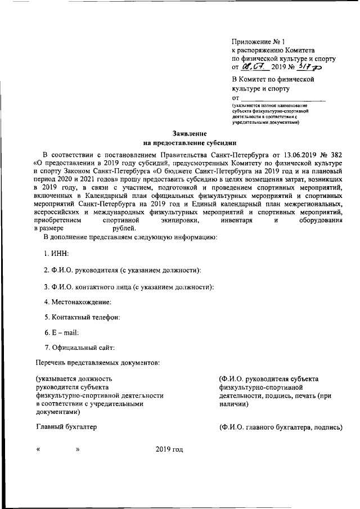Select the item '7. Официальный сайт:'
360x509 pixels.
pyautogui.click(x=79, y=349)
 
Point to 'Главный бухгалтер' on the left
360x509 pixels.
pyautogui.click(x=66, y=427)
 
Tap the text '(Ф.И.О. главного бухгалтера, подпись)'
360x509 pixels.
pyautogui.click(x=281, y=427)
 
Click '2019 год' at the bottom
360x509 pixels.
pyautogui.click(x=169, y=451)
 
